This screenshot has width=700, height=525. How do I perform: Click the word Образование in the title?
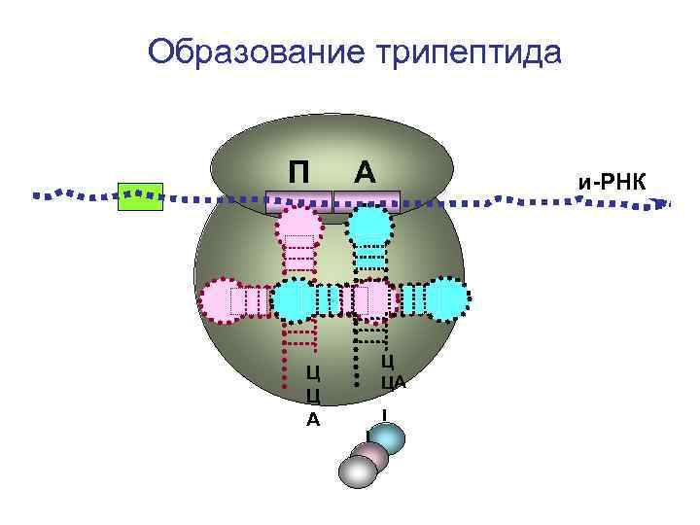point(255,50)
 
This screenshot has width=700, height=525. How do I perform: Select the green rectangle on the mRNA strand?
point(139,196)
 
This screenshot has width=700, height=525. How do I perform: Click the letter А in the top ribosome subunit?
point(365,171)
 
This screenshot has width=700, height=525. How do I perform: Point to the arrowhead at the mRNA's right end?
point(663,203)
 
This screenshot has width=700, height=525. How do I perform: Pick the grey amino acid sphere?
point(357,472)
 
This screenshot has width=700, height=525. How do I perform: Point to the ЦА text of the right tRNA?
point(392,382)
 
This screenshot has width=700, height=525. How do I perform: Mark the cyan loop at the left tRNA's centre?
point(294,300)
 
